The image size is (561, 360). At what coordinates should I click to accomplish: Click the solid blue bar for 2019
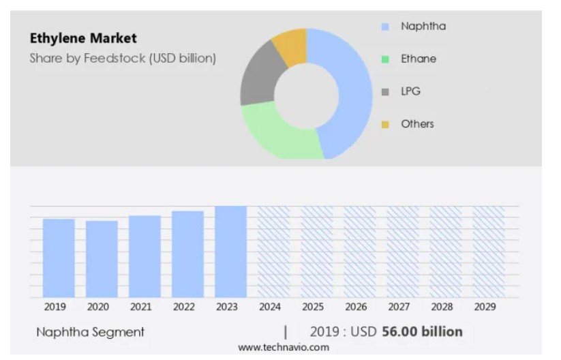click(x=59, y=258)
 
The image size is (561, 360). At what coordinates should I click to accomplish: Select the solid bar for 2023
click(x=231, y=252)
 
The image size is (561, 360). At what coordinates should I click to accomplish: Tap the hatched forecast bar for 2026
click(x=360, y=252)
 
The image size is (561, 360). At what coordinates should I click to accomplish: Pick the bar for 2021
click(x=145, y=256)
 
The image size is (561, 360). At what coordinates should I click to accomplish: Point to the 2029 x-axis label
click(x=485, y=307)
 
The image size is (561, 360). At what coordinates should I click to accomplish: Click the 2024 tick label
click(x=270, y=307)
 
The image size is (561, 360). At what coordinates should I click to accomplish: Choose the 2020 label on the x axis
click(x=98, y=307)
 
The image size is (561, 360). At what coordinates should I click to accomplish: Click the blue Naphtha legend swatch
click(x=385, y=27)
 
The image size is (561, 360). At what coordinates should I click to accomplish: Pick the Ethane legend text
click(x=419, y=59)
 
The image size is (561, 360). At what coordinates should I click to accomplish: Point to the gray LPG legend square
click(x=385, y=92)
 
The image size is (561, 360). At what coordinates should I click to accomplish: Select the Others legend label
click(x=418, y=124)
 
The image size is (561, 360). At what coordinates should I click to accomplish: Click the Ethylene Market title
click(x=83, y=38)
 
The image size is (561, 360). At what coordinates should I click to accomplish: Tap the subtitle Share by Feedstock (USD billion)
click(x=123, y=58)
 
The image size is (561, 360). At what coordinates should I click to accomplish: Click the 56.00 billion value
click(x=422, y=332)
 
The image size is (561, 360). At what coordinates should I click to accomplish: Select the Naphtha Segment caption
click(x=91, y=332)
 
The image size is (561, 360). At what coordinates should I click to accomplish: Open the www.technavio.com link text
click(x=284, y=347)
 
